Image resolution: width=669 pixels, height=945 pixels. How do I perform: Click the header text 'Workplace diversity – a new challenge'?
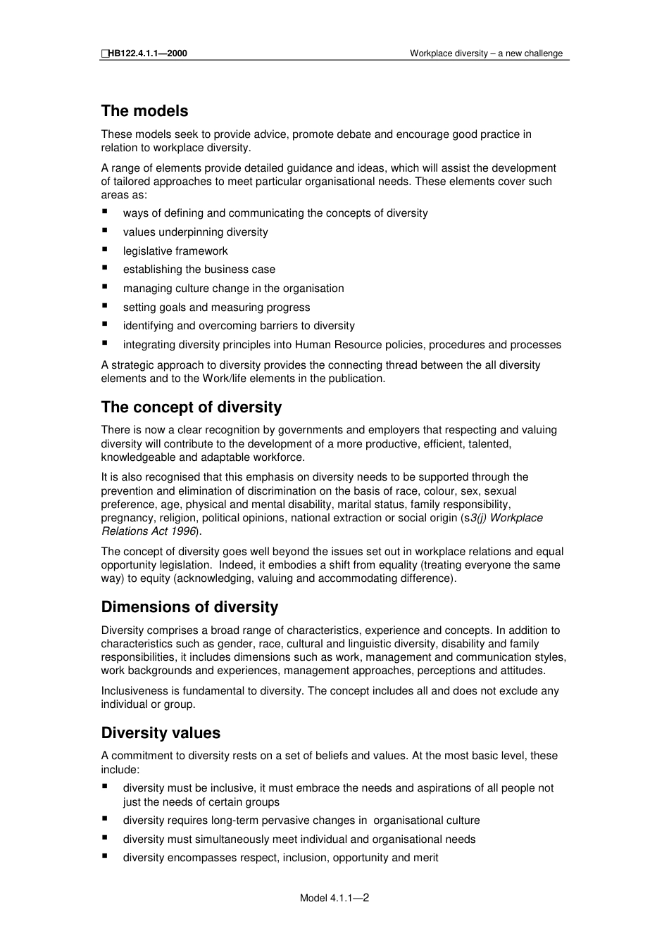(x=486, y=53)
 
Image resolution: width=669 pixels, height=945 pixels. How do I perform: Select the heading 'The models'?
(x=144, y=111)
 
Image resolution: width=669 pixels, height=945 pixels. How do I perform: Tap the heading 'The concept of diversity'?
(x=191, y=407)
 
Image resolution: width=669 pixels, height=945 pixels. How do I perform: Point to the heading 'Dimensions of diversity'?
(x=189, y=607)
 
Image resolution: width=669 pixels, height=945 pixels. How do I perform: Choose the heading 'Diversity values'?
(x=161, y=733)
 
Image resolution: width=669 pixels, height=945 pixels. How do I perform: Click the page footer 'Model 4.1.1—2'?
(x=334, y=898)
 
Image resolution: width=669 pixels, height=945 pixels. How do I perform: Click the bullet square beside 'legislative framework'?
(x=105, y=249)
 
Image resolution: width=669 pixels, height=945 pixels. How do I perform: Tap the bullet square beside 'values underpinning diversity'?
(x=105, y=230)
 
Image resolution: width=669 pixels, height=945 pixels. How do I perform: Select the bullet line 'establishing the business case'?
(x=199, y=269)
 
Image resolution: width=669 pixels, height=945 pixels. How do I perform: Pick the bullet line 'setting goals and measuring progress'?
(x=216, y=307)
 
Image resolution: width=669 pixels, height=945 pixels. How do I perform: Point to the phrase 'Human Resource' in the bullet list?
(x=332, y=345)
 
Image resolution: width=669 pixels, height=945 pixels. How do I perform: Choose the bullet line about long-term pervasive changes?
(x=301, y=820)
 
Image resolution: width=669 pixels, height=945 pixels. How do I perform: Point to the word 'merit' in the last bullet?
(x=425, y=858)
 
